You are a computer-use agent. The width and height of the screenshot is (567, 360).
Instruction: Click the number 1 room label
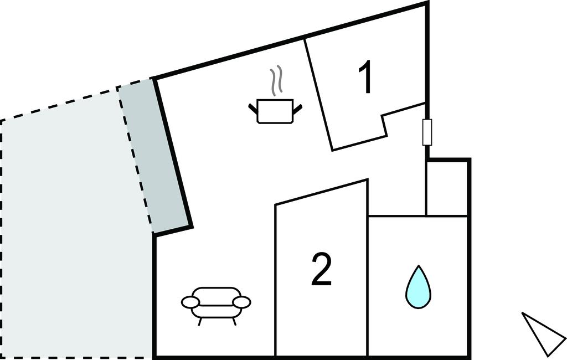pyautogui.click(x=366, y=76)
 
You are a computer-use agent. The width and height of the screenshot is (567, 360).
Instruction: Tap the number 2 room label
pyautogui.click(x=322, y=270)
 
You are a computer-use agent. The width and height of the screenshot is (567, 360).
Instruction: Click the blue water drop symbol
pyautogui.click(x=418, y=287)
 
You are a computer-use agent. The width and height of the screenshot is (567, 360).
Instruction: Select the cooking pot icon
pyautogui.click(x=275, y=111)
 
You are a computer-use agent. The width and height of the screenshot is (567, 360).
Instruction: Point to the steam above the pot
pyautogui.click(x=277, y=80)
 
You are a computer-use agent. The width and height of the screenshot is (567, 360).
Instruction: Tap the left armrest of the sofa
pyautogui.click(x=190, y=302)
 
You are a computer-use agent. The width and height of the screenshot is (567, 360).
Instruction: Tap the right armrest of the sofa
pyautogui.click(x=241, y=302)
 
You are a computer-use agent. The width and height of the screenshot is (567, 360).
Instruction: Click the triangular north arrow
pyautogui.click(x=543, y=333)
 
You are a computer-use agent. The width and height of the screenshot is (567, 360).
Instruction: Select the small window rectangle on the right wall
pyautogui.click(x=427, y=132)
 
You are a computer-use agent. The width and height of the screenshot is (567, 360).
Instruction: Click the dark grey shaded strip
pyautogui.click(x=154, y=156)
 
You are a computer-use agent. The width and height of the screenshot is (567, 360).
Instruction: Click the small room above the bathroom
pyautogui.click(x=447, y=188)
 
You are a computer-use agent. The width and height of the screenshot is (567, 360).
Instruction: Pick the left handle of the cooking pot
pyautogui.click(x=252, y=108)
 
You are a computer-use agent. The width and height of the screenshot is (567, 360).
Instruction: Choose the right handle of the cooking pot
pyautogui.click(x=297, y=108)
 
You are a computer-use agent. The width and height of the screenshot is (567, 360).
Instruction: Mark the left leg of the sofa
pyautogui.click(x=200, y=321)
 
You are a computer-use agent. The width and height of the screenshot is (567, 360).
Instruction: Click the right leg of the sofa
pyautogui.click(x=234, y=321)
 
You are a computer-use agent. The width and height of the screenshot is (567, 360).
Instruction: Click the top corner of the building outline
pyautogui.click(x=427, y=2)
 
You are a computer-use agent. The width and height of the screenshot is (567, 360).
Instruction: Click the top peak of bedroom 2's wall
pyautogui.click(x=368, y=179)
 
